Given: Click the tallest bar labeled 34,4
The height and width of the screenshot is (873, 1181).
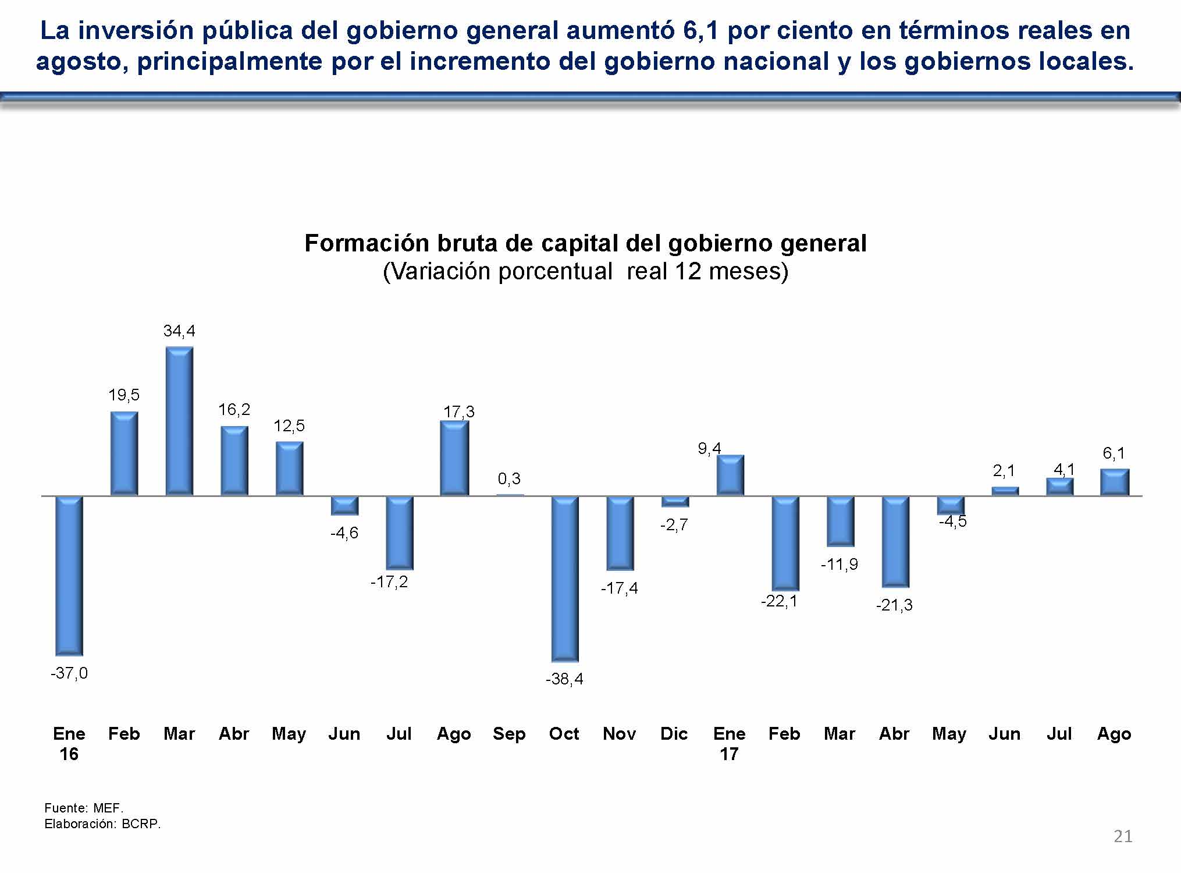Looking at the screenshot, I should tap(179, 421).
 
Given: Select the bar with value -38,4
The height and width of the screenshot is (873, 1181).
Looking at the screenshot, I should tap(565, 579).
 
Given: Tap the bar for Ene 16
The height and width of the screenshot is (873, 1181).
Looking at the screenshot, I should tap(69, 576).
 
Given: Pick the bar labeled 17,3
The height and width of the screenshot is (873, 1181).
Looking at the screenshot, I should tap(454, 458).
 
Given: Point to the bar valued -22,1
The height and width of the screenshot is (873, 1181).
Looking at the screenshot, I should tap(785, 543).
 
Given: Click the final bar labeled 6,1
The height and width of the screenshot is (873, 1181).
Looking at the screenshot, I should tap(1115, 482).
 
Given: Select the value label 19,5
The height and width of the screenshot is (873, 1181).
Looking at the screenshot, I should tap(124, 395).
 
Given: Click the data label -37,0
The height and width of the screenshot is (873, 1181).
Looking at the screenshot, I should tap(69, 673).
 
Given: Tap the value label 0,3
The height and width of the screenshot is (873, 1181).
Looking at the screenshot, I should tap(509, 479).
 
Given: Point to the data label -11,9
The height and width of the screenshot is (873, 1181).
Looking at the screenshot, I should tap(839, 564).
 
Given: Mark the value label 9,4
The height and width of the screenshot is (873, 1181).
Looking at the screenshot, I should tap(709, 448).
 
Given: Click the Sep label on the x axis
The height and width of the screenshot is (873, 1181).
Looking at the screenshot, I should tap(509, 734).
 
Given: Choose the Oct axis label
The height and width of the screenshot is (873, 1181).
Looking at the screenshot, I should tap(564, 734).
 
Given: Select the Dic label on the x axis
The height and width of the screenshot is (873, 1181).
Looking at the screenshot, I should tap(674, 734).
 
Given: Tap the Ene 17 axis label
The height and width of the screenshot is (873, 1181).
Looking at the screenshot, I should tap(729, 744).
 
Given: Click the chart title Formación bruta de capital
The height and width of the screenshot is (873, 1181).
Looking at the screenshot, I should tap(585, 243).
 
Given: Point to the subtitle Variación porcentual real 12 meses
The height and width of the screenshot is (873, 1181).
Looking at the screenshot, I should tap(585, 272).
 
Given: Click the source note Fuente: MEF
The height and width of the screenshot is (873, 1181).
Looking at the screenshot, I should tap(84, 808).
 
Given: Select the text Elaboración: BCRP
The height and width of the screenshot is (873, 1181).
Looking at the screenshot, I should tap(102, 824).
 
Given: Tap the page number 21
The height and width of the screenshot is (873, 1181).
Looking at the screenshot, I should tap(1123, 836).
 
